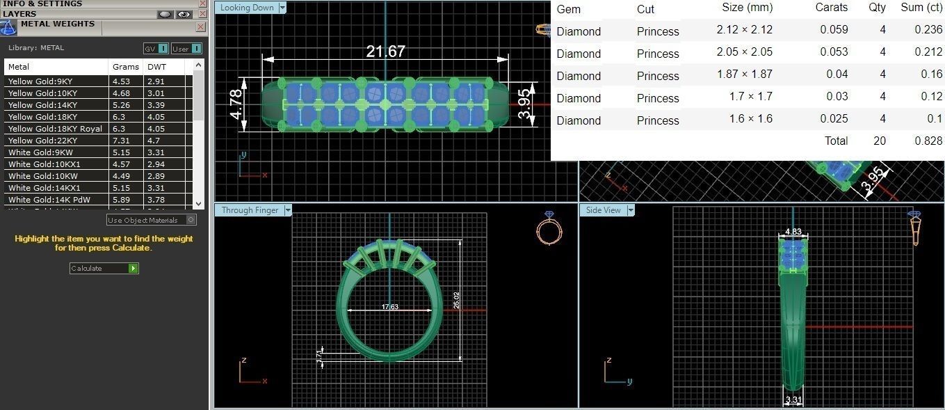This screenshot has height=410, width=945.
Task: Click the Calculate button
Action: (x=104, y=268)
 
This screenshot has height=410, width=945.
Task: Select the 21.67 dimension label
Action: (x=385, y=52)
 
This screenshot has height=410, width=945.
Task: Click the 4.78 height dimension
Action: (x=236, y=103)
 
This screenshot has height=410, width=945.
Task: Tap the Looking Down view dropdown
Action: (x=282, y=8)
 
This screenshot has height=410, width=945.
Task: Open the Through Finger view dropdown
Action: (x=288, y=210)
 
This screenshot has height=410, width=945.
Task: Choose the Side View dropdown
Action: (x=631, y=210)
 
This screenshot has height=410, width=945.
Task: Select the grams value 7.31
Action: (x=121, y=141)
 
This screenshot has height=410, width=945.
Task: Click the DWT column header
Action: (x=156, y=67)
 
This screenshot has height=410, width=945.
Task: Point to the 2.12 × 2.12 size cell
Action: (x=744, y=30)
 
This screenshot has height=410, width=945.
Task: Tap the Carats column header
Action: (x=832, y=8)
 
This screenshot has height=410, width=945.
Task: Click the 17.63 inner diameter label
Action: (x=390, y=307)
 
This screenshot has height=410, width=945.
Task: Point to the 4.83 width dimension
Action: (x=793, y=232)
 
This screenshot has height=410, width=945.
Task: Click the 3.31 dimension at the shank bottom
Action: (x=793, y=400)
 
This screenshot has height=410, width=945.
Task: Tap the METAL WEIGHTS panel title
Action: (x=58, y=24)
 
